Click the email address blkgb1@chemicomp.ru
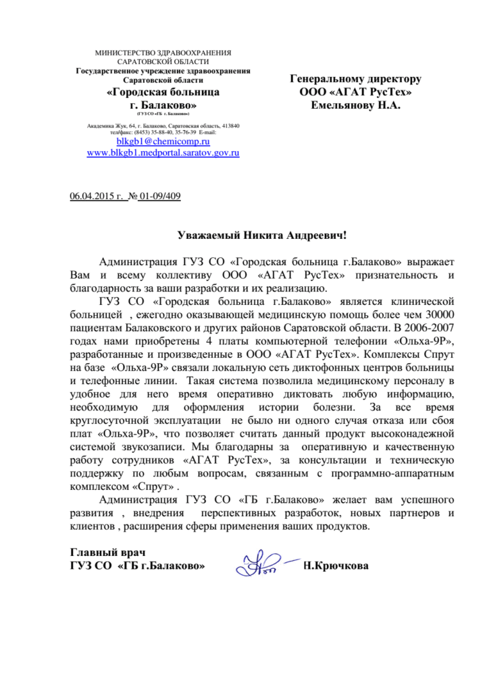163,142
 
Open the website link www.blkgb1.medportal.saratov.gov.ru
163,153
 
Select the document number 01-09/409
160,196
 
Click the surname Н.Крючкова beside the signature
337,565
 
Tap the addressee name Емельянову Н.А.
355,105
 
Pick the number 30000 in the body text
423,314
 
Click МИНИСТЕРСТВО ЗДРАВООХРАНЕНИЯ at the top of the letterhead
163,53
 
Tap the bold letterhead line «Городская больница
163,92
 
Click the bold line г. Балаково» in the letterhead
163,106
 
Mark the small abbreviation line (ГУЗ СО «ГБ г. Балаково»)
163,115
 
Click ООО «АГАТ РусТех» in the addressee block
355,92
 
